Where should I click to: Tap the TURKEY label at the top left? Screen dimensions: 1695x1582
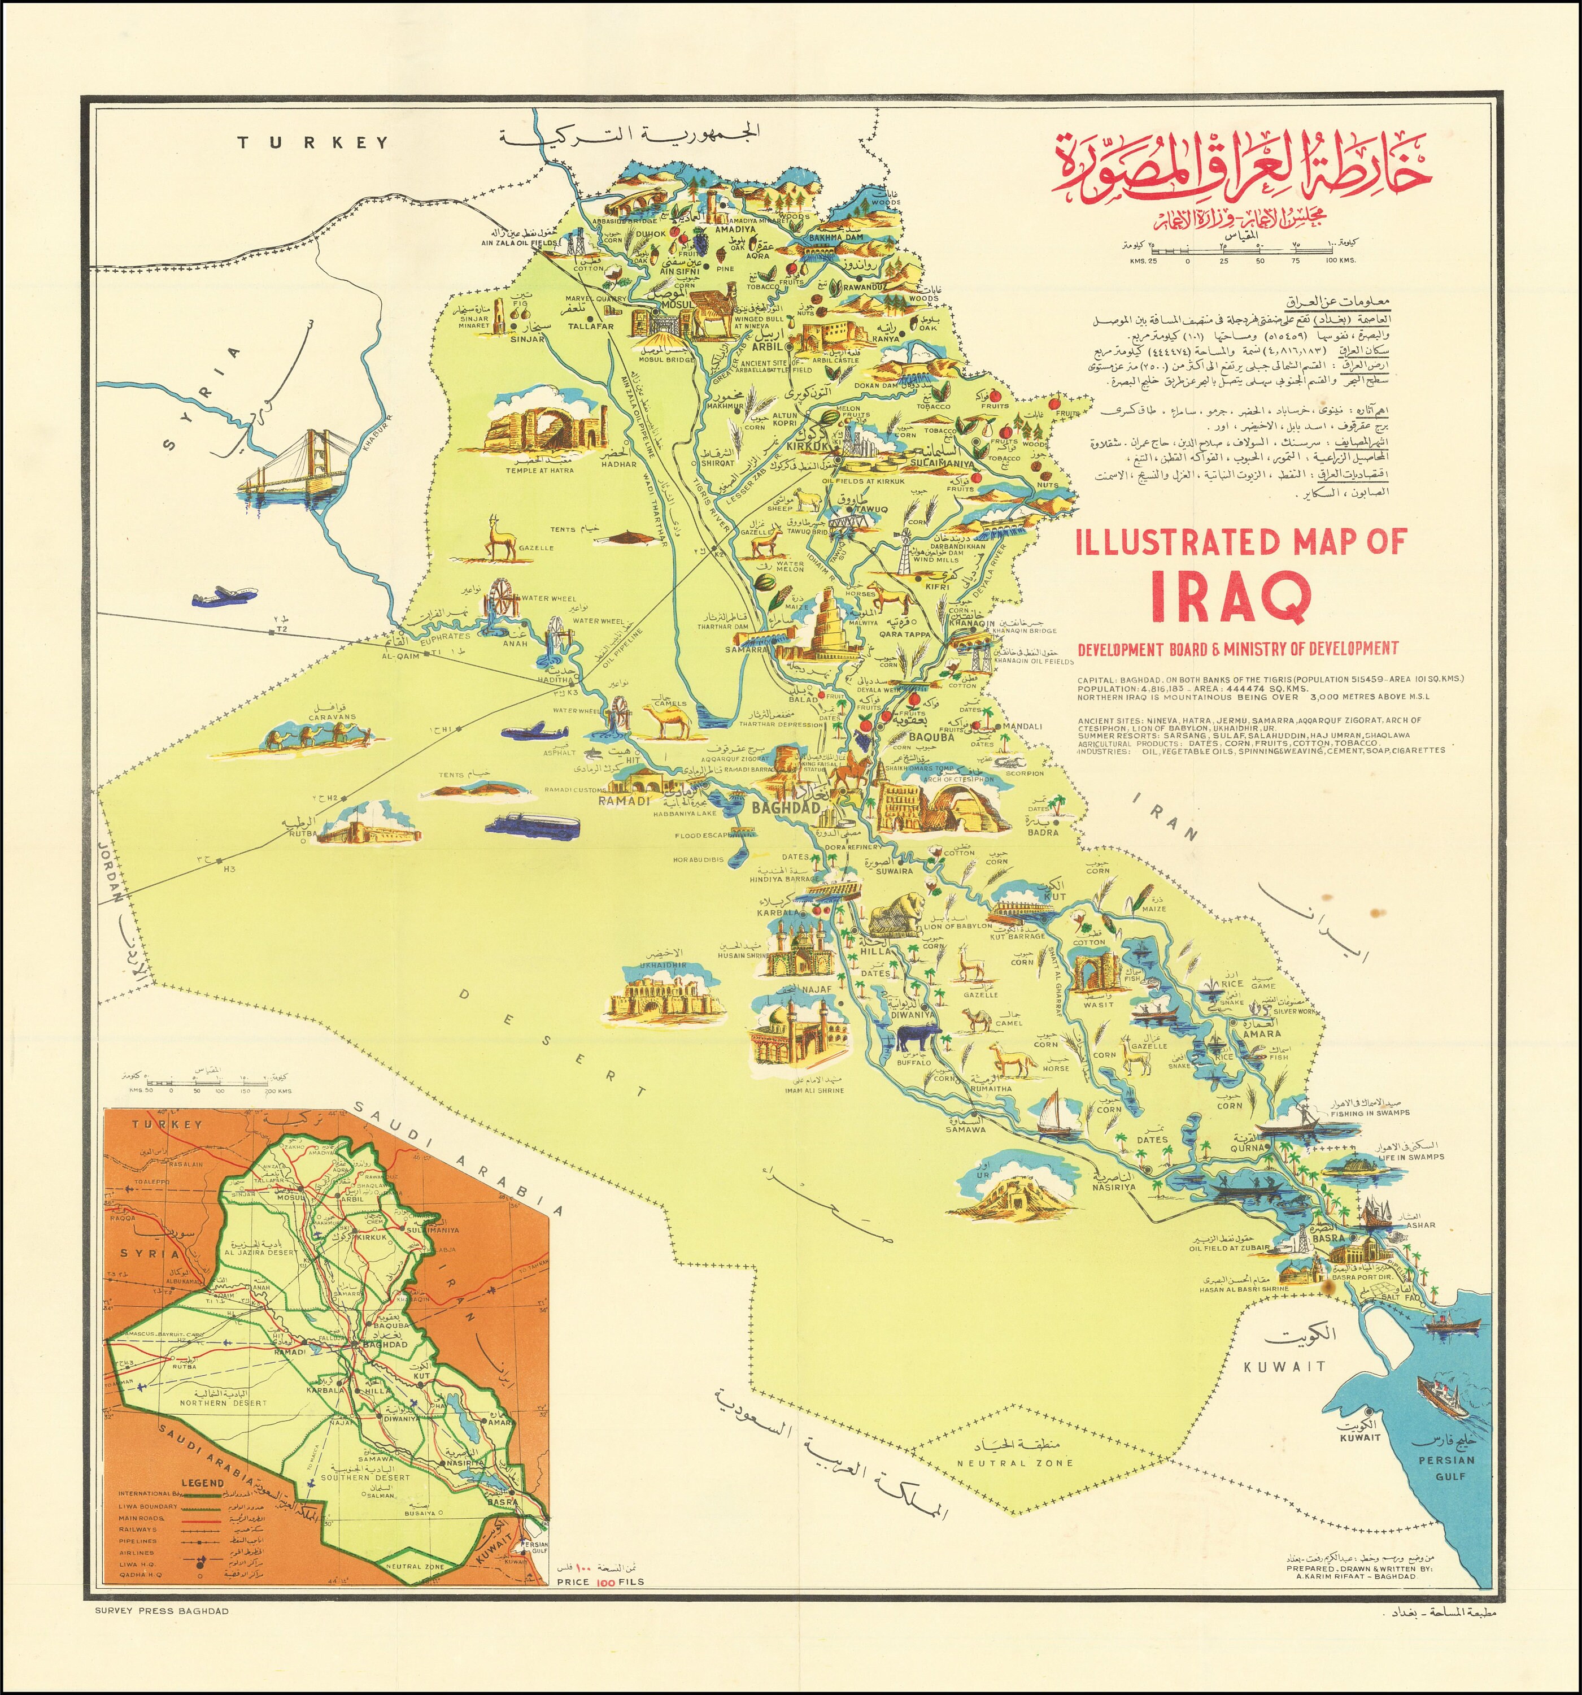click(313, 142)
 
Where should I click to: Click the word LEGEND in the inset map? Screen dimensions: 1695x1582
click(203, 1483)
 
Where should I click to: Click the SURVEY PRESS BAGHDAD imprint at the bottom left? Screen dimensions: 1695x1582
click(163, 1611)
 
